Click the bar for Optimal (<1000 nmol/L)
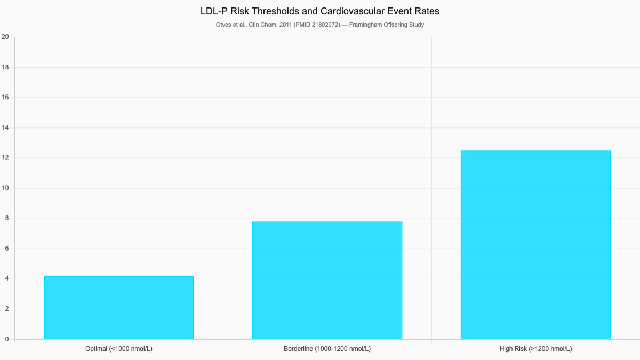[118, 308]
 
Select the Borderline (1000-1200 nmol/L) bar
[327, 281]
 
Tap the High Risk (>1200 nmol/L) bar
[535, 245]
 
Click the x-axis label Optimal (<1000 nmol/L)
[118, 349]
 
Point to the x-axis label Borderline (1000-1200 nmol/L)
[327, 349]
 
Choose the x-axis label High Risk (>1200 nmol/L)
[535, 349]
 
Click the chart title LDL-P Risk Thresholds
[320, 11]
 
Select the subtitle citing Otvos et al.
[320, 25]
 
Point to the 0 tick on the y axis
[6, 339]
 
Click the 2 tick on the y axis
[6, 309]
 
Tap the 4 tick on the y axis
[6, 279]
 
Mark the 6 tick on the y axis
[6, 249]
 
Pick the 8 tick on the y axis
[6, 219]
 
